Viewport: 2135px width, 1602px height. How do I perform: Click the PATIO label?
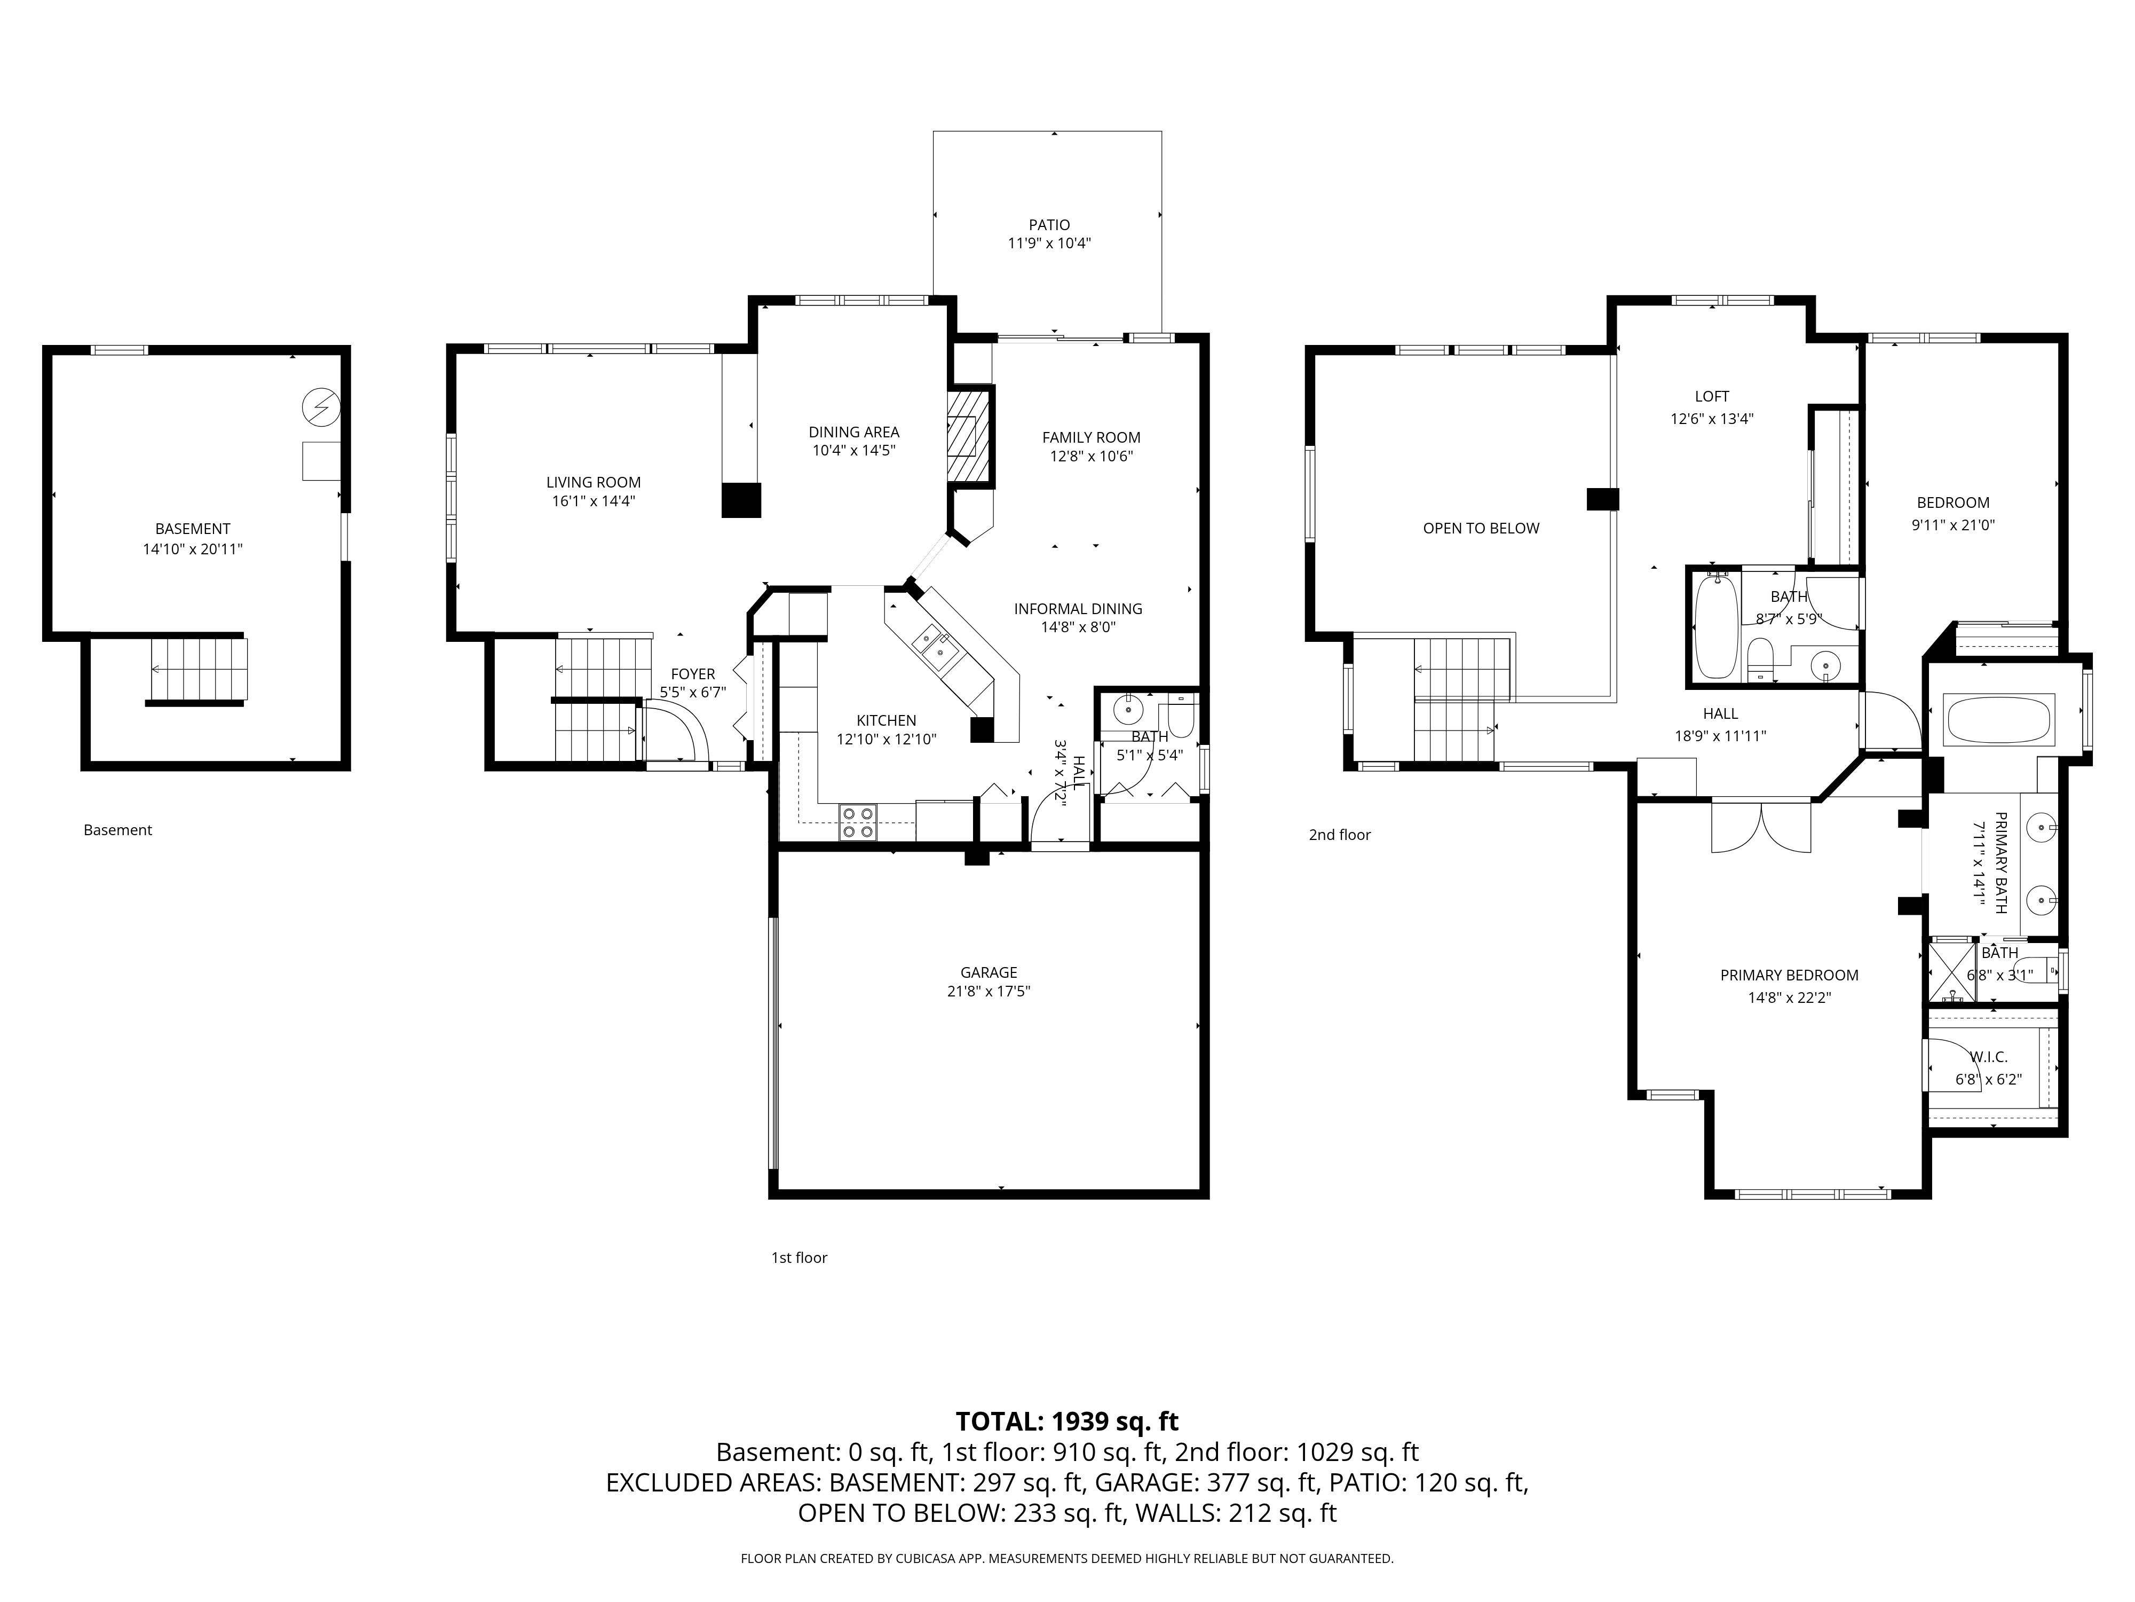point(1049,225)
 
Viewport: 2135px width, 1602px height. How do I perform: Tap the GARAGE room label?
point(989,972)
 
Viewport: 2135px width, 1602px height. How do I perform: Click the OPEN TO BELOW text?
point(1481,528)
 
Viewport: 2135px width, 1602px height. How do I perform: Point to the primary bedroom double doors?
point(1761,827)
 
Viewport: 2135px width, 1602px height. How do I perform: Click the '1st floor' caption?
point(798,1257)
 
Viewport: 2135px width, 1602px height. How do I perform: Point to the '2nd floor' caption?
point(1340,834)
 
